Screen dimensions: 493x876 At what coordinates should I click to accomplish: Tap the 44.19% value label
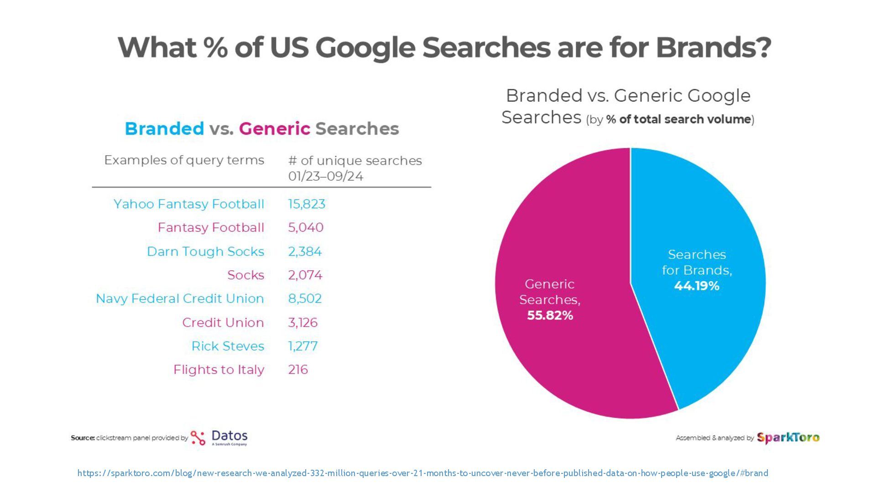697,286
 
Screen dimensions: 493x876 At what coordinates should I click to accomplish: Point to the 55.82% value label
550,315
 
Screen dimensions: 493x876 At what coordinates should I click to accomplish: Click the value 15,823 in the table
307,204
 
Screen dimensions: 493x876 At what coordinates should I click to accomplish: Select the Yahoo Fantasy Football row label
189,204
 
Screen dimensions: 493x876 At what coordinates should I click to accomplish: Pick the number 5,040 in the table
306,227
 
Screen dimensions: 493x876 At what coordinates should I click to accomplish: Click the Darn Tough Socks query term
205,252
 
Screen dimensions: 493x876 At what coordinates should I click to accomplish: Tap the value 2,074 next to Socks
305,275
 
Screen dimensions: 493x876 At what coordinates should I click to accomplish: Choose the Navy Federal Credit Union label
180,299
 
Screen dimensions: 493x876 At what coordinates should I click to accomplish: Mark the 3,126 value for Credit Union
302,323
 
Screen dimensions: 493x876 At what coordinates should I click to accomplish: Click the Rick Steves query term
228,346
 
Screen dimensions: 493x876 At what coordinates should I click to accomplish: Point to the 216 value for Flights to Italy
298,370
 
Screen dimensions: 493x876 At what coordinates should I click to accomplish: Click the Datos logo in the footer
219,437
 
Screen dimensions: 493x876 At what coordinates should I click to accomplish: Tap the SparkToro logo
788,438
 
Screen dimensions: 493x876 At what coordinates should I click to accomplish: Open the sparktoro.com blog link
422,473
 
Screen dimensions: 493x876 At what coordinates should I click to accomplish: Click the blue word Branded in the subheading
164,129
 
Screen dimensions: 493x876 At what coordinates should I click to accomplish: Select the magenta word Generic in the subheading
274,129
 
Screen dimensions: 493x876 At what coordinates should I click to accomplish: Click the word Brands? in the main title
713,47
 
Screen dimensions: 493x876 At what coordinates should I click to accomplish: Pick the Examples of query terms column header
184,160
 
